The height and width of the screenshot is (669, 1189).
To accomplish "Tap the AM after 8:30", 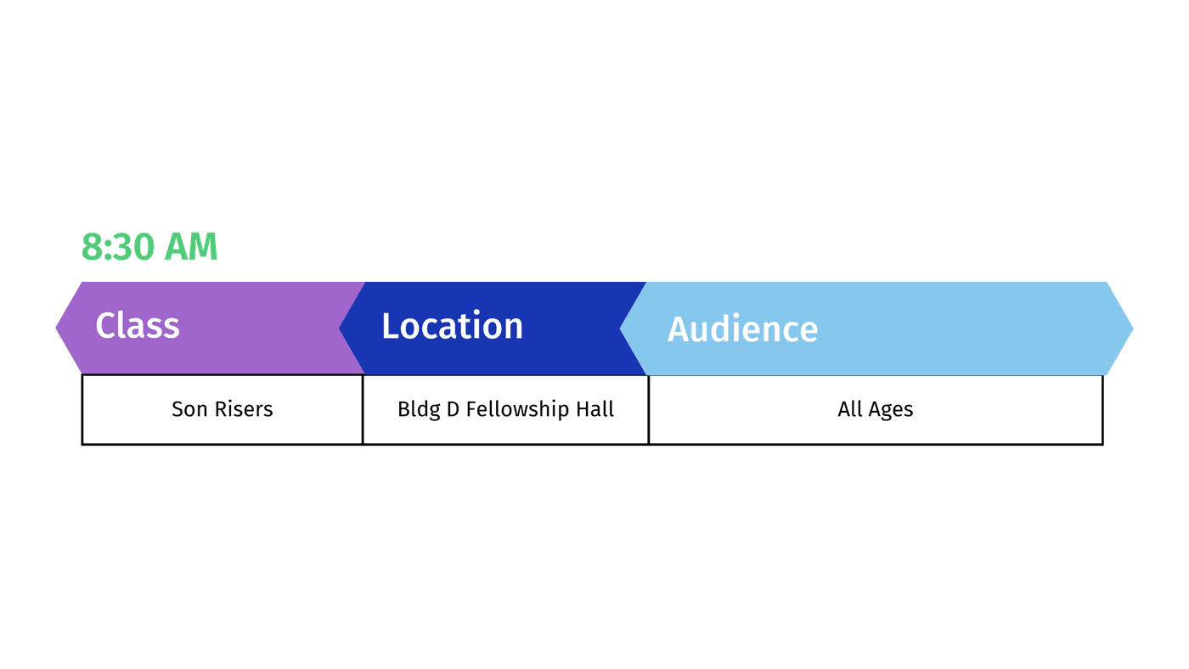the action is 190,247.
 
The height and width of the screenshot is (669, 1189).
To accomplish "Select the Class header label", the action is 138,325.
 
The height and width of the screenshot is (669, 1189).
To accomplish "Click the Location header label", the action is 452,325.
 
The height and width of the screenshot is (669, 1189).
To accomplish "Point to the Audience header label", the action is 742,329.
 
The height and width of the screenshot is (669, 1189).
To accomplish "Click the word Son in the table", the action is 189,409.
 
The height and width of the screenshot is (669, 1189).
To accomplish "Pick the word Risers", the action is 244,409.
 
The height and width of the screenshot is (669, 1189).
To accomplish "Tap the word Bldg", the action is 419,409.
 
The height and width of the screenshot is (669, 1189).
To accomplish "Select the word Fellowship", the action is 517,409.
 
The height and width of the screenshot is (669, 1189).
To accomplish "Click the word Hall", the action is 595,409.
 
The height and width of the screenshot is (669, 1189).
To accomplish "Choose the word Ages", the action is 891,410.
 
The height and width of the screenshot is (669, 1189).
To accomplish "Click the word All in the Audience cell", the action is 849,409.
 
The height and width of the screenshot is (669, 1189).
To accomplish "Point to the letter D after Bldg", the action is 453,409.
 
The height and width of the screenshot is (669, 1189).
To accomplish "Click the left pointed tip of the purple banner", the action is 56,328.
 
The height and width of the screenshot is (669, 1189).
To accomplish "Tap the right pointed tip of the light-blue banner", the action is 1133,329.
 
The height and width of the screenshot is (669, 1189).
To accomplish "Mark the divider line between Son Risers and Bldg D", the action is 363,409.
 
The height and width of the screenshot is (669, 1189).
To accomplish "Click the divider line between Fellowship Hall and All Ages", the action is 649,409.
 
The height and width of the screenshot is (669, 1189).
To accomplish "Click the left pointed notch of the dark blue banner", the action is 339,328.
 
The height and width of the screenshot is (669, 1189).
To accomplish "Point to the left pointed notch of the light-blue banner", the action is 620,329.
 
